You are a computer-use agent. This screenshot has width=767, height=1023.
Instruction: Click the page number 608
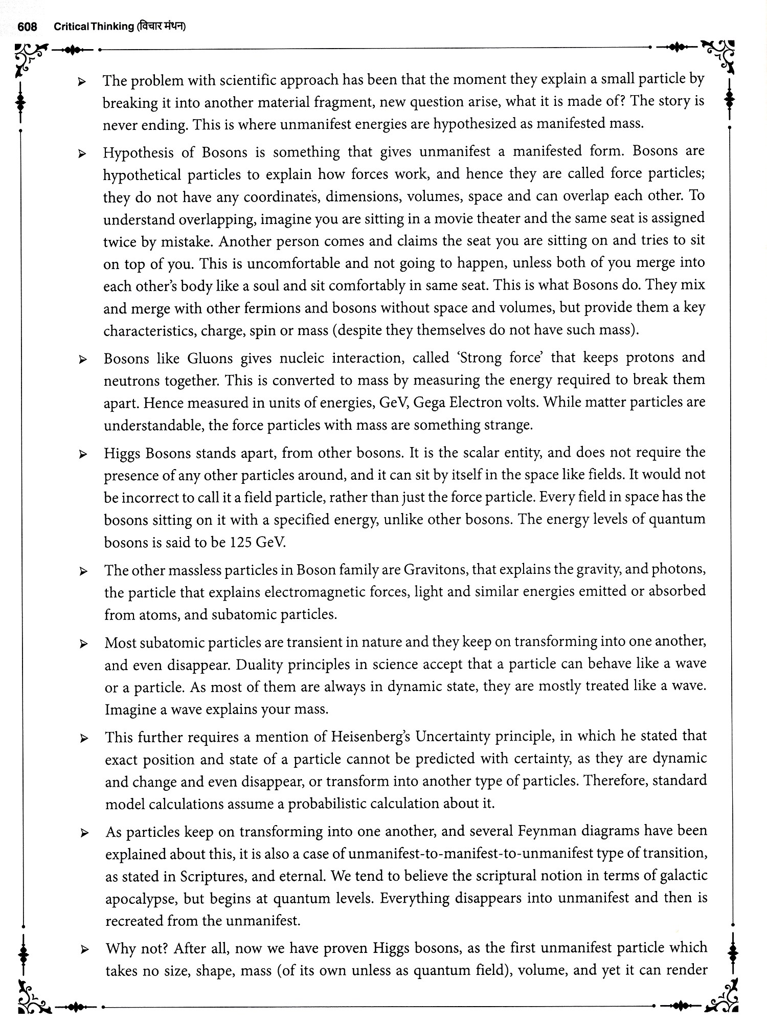tap(27, 27)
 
